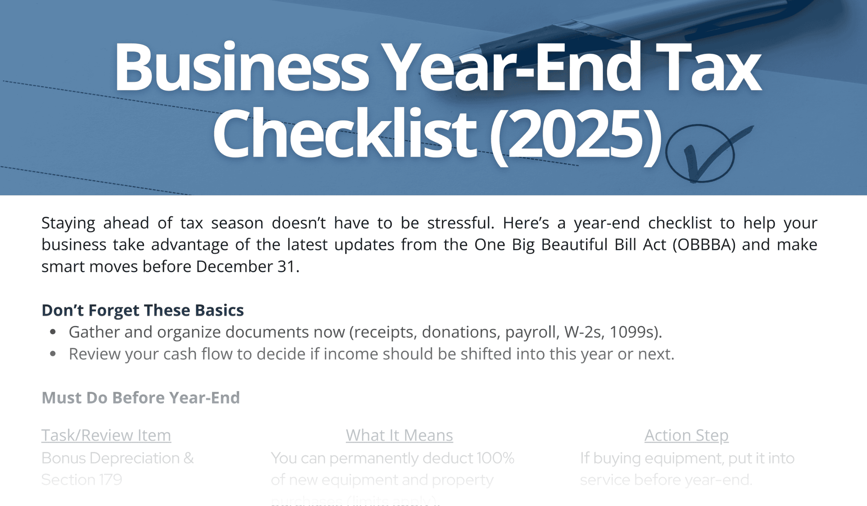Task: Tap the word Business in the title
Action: click(241, 67)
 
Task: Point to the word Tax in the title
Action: click(708, 67)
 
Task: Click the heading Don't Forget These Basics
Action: click(143, 310)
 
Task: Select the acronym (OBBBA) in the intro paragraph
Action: click(704, 245)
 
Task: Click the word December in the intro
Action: click(234, 267)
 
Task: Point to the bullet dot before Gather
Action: click(53, 332)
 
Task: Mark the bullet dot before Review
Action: click(53, 354)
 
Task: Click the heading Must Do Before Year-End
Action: click(141, 398)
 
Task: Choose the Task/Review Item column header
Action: click(106, 436)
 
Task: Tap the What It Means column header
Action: click(399, 436)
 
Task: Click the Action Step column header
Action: click(686, 436)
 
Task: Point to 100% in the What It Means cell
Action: click(495, 458)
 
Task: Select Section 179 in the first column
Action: click(82, 480)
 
